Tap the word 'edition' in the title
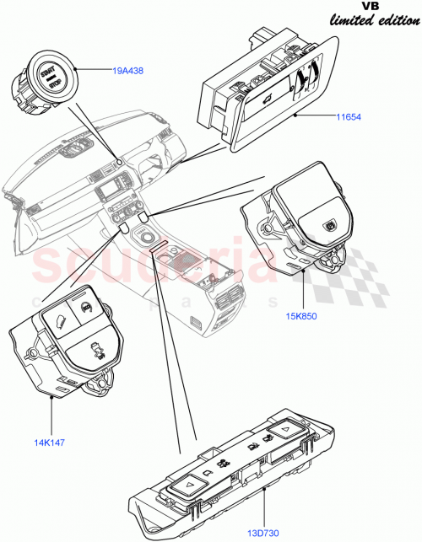coord(399,19)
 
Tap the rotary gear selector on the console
coord(148,240)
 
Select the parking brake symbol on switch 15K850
coord(327,224)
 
